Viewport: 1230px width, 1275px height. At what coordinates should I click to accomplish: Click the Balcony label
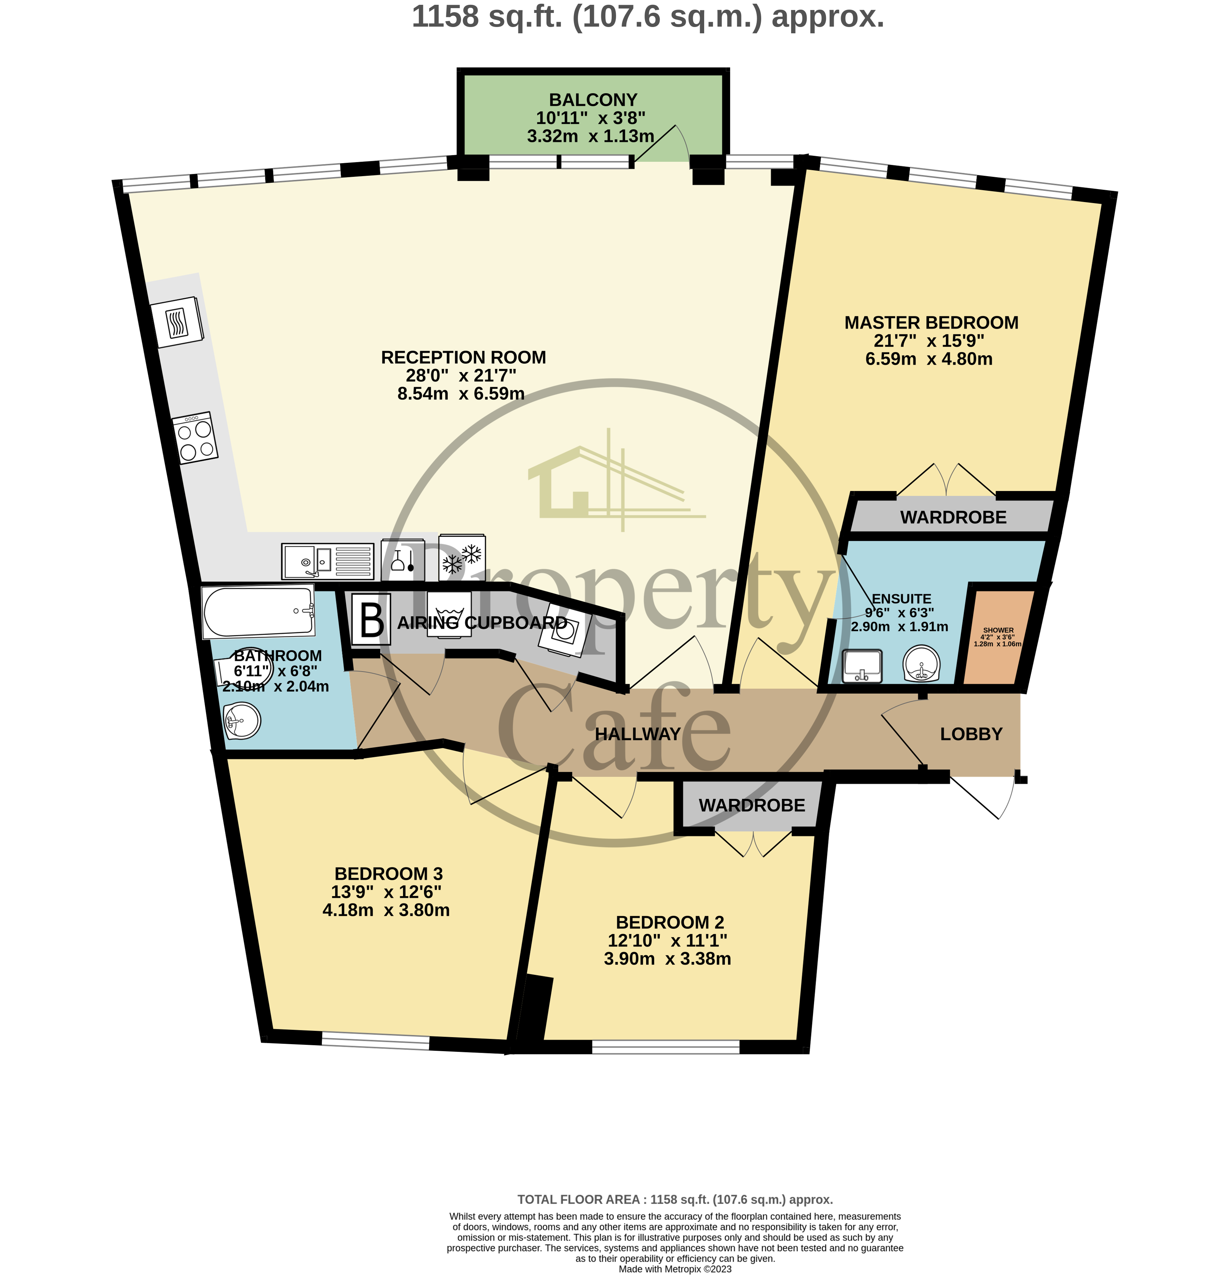pyautogui.click(x=592, y=100)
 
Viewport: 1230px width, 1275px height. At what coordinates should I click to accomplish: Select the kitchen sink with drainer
pyautogui.click(x=327, y=561)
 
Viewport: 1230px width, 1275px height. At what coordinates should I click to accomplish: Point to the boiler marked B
pyautogui.click(x=372, y=620)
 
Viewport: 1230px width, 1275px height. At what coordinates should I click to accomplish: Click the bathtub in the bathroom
pyautogui.click(x=258, y=612)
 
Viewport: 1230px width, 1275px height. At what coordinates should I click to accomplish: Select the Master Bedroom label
pyautogui.click(x=931, y=323)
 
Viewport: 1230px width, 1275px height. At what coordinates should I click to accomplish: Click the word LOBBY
pyautogui.click(x=971, y=734)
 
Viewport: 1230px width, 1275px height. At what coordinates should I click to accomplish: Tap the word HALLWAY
pyautogui.click(x=638, y=734)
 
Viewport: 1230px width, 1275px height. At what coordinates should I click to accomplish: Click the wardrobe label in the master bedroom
pyautogui.click(x=953, y=518)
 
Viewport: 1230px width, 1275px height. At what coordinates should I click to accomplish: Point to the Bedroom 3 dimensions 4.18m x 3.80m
pyautogui.click(x=386, y=910)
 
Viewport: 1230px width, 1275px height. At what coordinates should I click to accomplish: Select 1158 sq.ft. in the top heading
pyautogui.click(x=487, y=17)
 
